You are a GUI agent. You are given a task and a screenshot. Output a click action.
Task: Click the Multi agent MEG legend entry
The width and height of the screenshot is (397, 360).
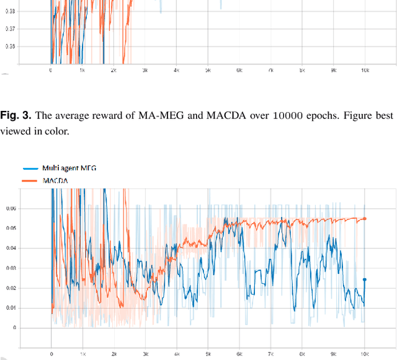68,168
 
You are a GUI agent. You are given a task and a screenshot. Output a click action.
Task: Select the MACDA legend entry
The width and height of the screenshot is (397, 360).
54,180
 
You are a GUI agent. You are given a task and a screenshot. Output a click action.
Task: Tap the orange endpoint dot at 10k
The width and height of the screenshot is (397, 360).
364,219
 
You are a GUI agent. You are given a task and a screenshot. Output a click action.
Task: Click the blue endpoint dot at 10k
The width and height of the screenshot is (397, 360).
364,279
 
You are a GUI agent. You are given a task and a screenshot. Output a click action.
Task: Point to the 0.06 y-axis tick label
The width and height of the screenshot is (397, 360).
11,209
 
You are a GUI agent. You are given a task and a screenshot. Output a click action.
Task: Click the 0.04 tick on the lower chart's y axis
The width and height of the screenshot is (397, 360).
11,248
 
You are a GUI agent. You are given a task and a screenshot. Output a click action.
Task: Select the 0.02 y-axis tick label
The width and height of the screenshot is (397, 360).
11,288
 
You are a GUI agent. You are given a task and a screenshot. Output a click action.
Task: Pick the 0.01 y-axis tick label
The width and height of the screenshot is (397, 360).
11,308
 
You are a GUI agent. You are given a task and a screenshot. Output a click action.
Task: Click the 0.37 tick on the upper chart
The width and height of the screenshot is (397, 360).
11,29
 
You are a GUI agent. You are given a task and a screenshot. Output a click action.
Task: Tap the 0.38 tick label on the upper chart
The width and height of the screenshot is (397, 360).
11,11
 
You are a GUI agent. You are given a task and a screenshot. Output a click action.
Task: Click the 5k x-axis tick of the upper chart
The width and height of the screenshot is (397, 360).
208,71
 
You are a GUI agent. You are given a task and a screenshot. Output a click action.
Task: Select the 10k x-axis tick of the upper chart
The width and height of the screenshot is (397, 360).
365,71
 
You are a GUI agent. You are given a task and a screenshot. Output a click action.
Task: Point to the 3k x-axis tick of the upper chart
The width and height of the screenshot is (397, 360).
145,71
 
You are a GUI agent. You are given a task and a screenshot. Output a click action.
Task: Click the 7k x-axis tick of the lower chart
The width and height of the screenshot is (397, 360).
270,355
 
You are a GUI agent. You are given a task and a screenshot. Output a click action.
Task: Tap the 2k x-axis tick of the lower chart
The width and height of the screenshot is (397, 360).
114,355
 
